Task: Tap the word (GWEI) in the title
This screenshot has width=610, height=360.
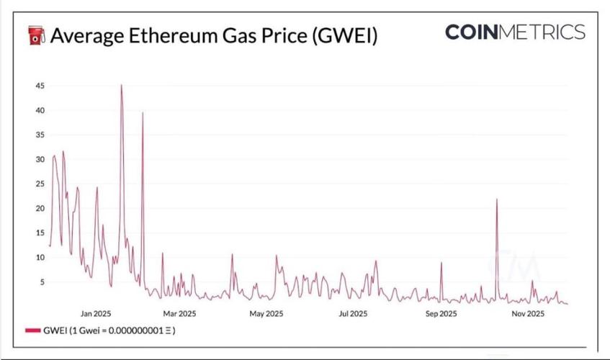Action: (x=344, y=35)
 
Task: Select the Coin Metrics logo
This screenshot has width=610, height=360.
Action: (x=515, y=32)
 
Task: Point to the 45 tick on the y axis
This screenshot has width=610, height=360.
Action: (x=40, y=86)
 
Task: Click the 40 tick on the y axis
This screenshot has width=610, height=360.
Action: (x=40, y=111)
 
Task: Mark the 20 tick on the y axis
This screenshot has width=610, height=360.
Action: (x=40, y=209)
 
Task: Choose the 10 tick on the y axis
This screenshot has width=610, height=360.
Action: (x=40, y=258)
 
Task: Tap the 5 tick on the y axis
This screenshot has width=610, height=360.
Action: (x=42, y=282)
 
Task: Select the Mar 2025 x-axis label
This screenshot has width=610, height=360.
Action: (x=179, y=314)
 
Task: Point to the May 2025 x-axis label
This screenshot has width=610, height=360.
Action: (x=266, y=314)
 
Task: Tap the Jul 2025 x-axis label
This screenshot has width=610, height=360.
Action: (x=353, y=314)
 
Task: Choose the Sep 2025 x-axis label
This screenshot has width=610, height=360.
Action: (x=441, y=314)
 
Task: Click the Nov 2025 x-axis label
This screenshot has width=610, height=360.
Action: (x=528, y=314)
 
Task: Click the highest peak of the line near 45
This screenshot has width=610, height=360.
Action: (x=121, y=86)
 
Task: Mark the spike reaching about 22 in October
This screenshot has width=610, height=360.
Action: (x=497, y=199)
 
